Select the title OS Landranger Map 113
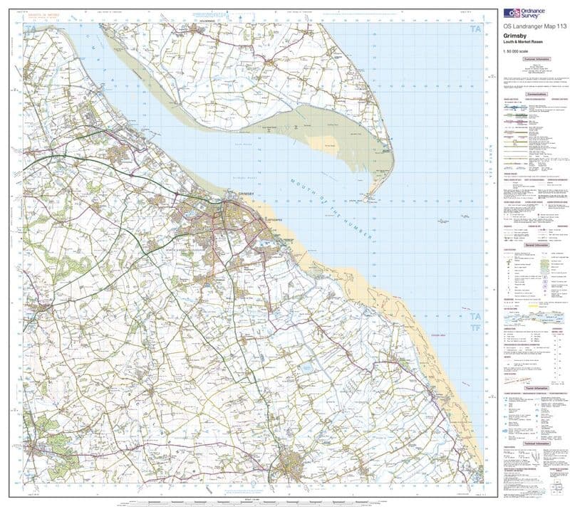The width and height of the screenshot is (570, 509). tap(533, 28)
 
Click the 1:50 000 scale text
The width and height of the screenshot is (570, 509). tap(517, 55)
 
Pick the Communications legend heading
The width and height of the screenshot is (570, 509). tap(536, 93)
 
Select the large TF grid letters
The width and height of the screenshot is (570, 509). tap(474, 328)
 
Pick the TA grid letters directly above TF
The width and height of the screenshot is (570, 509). tap(474, 316)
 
